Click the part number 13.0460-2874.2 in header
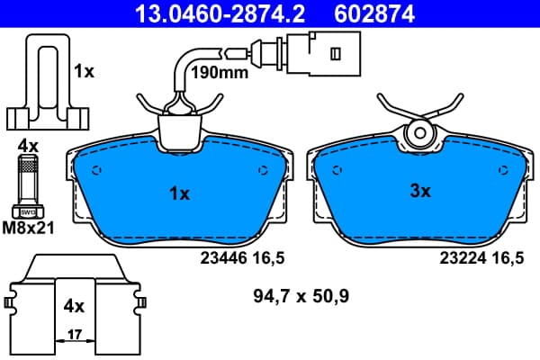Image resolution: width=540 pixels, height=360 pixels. tap(220, 13)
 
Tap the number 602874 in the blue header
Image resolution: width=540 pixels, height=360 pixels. tap(374, 13)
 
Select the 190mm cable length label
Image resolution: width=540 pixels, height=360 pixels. tap(220, 73)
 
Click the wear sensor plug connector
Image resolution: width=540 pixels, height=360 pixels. tap(324, 53)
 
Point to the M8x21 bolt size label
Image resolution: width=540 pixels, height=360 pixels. tap(28, 228)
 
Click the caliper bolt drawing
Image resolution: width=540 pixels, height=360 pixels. tap(28, 187)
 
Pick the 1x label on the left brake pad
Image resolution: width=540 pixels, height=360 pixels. tap(179, 194)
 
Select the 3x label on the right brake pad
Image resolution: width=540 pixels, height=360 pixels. tap(420, 191)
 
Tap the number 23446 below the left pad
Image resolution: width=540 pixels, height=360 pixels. tap(224, 257)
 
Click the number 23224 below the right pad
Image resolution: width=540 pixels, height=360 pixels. tap(463, 257)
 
